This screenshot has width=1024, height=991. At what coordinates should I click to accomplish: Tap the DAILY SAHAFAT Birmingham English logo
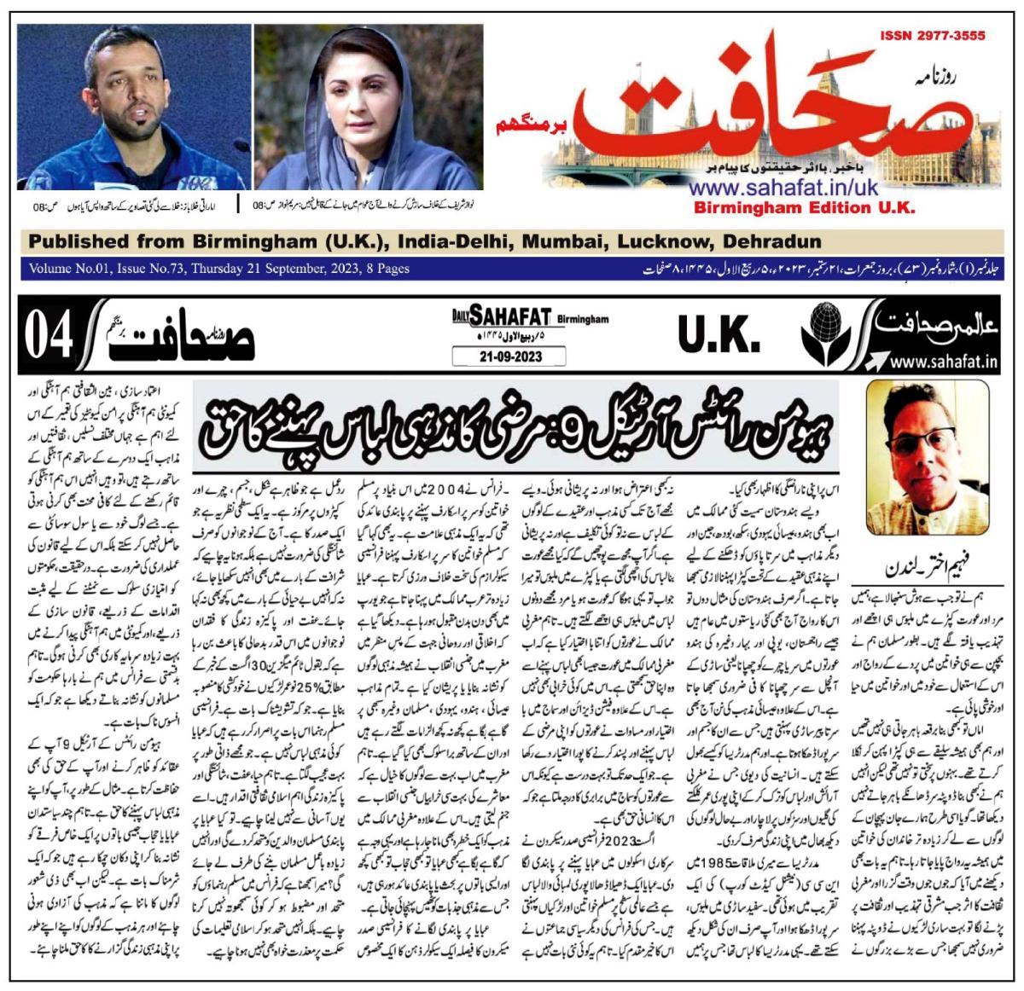pyautogui.click(x=531, y=318)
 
